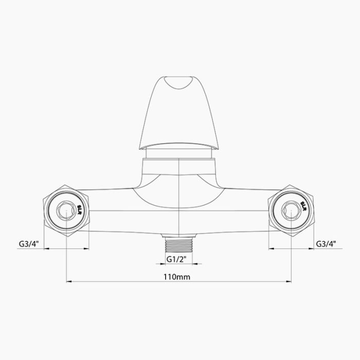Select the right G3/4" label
click(326, 243)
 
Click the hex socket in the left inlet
click(65, 211)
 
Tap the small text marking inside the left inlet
click(80, 209)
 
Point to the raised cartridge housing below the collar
click(177, 167)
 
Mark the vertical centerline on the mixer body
click(177, 206)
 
